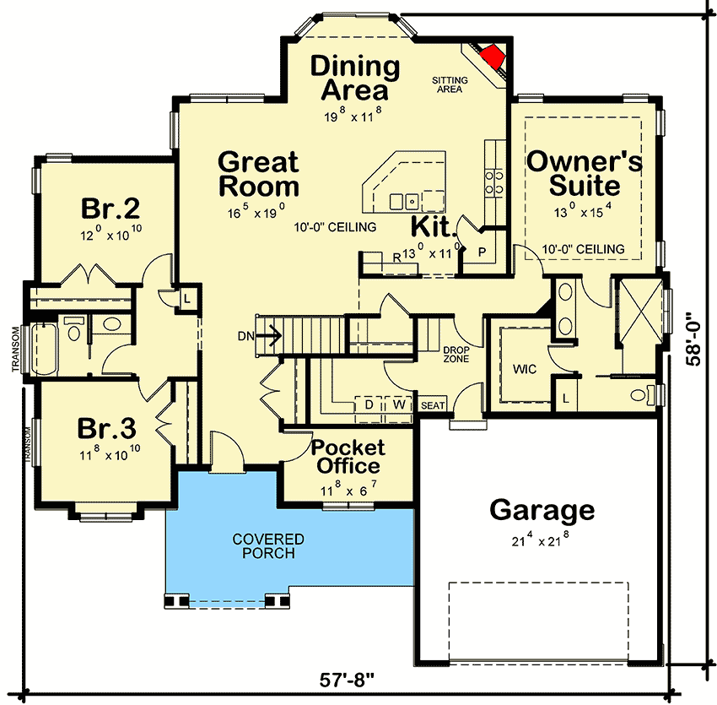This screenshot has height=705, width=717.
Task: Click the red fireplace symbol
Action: pyautogui.click(x=493, y=56)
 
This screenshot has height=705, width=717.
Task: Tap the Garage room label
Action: pyautogui.click(x=542, y=511)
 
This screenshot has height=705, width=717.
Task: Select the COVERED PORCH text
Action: pyautogui.click(x=268, y=545)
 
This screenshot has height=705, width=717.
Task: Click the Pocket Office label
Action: pyautogui.click(x=348, y=457)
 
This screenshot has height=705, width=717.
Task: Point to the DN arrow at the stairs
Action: pyautogui.click(x=268, y=336)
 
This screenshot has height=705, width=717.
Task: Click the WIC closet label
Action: pyautogui.click(x=525, y=369)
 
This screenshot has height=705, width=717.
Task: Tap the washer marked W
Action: pyautogui.click(x=399, y=404)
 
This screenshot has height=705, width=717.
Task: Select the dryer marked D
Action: pyautogui.click(x=369, y=404)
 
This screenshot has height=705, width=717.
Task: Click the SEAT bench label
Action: pyautogui.click(x=432, y=405)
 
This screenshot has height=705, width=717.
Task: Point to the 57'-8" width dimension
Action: pyautogui.click(x=346, y=680)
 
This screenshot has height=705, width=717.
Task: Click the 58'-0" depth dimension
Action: pyautogui.click(x=693, y=339)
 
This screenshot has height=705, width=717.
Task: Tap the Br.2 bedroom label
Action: pyautogui.click(x=111, y=209)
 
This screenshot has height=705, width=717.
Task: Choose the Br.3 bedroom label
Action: pyautogui.click(x=106, y=428)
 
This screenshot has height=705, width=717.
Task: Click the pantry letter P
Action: pyautogui.click(x=482, y=252)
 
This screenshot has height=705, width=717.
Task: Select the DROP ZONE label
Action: pyautogui.click(x=456, y=355)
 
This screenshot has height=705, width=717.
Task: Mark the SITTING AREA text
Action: pyautogui.click(x=450, y=84)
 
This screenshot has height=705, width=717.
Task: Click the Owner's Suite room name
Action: pyautogui.click(x=585, y=173)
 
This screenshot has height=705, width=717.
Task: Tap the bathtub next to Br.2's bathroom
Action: pyautogui.click(x=44, y=349)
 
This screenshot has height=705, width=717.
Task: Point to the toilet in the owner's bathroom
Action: pyautogui.click(x=644, y=394)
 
